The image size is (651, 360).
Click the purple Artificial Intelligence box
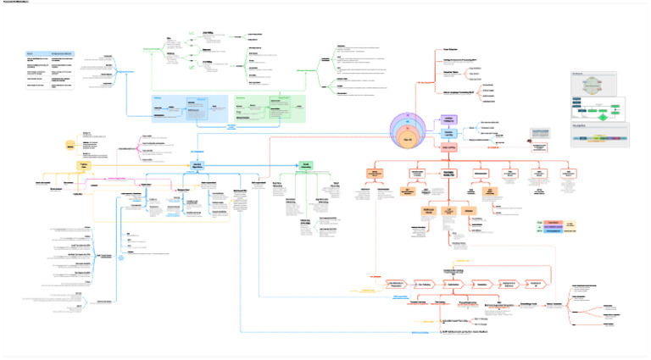point(449,121)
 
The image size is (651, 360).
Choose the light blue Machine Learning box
point(449,134)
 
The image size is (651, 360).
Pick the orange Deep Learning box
point(449,147)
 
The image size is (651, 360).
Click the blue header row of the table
point(50,53)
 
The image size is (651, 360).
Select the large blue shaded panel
point(189,108)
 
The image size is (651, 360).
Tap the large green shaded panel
point(269,108)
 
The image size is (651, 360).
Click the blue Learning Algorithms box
point(196,165)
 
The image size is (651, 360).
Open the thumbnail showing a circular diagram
point(599,86)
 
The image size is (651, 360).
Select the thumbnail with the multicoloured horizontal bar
point(599,136)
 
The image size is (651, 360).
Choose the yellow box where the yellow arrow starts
point(84,165)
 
